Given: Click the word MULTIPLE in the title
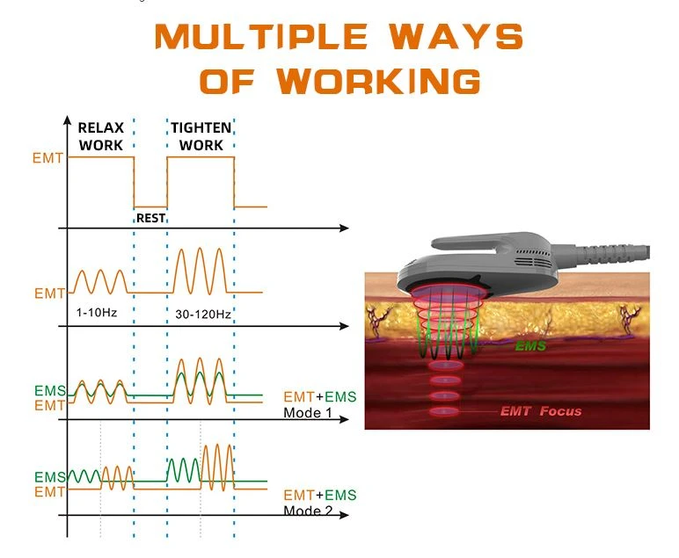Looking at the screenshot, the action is coord(261,36).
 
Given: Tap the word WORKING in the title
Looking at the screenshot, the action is coord(379,81).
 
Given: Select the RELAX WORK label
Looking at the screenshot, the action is coord(101,136).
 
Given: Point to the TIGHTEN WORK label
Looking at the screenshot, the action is coord(201,136).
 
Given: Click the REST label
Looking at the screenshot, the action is coord(150,218).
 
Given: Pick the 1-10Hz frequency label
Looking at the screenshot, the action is coord(97,312).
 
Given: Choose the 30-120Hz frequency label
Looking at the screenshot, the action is coord(203,315).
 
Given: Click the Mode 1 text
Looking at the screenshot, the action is coord(308,413).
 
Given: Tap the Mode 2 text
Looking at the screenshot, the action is coord(308,511).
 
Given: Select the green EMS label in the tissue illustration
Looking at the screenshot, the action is coord(530,346).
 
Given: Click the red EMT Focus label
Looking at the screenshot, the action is coord(541,411).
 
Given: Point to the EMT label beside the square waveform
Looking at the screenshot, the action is coord(47,158).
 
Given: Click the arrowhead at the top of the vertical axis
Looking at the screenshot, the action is coord(67,120).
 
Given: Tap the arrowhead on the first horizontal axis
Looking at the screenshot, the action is coord(344,228).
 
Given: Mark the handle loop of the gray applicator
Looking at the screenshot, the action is coord(489,243).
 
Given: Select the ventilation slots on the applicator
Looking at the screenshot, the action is coord(534,258).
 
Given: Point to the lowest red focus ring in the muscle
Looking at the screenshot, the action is coord(444,411).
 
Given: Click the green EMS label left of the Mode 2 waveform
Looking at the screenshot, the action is coord(49,477).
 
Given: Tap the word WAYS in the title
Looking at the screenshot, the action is coord(456,36).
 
